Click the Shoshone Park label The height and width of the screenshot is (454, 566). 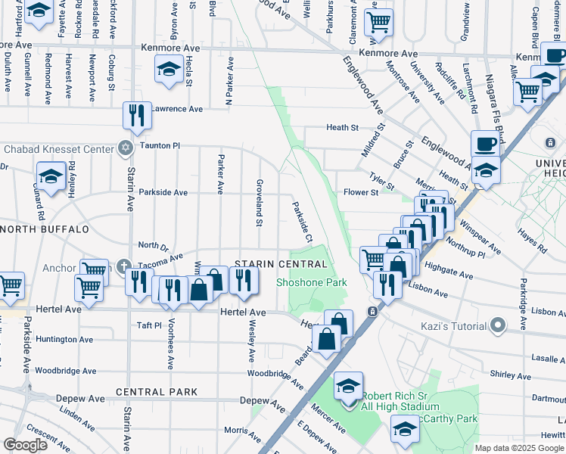point(311,282)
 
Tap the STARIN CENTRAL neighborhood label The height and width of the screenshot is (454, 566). point(281,264)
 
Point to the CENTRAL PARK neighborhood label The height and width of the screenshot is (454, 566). point(157,392)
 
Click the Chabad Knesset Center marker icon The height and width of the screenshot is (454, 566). point(125,148)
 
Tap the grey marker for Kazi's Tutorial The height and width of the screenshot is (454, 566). point(497,326)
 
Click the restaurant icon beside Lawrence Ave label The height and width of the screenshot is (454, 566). point(137,116)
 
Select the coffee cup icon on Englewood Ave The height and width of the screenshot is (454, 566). point(484,144)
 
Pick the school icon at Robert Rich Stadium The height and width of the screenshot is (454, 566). point(348,387)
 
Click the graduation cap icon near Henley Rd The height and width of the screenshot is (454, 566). point(51,177)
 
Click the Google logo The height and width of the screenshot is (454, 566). point(25,445)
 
